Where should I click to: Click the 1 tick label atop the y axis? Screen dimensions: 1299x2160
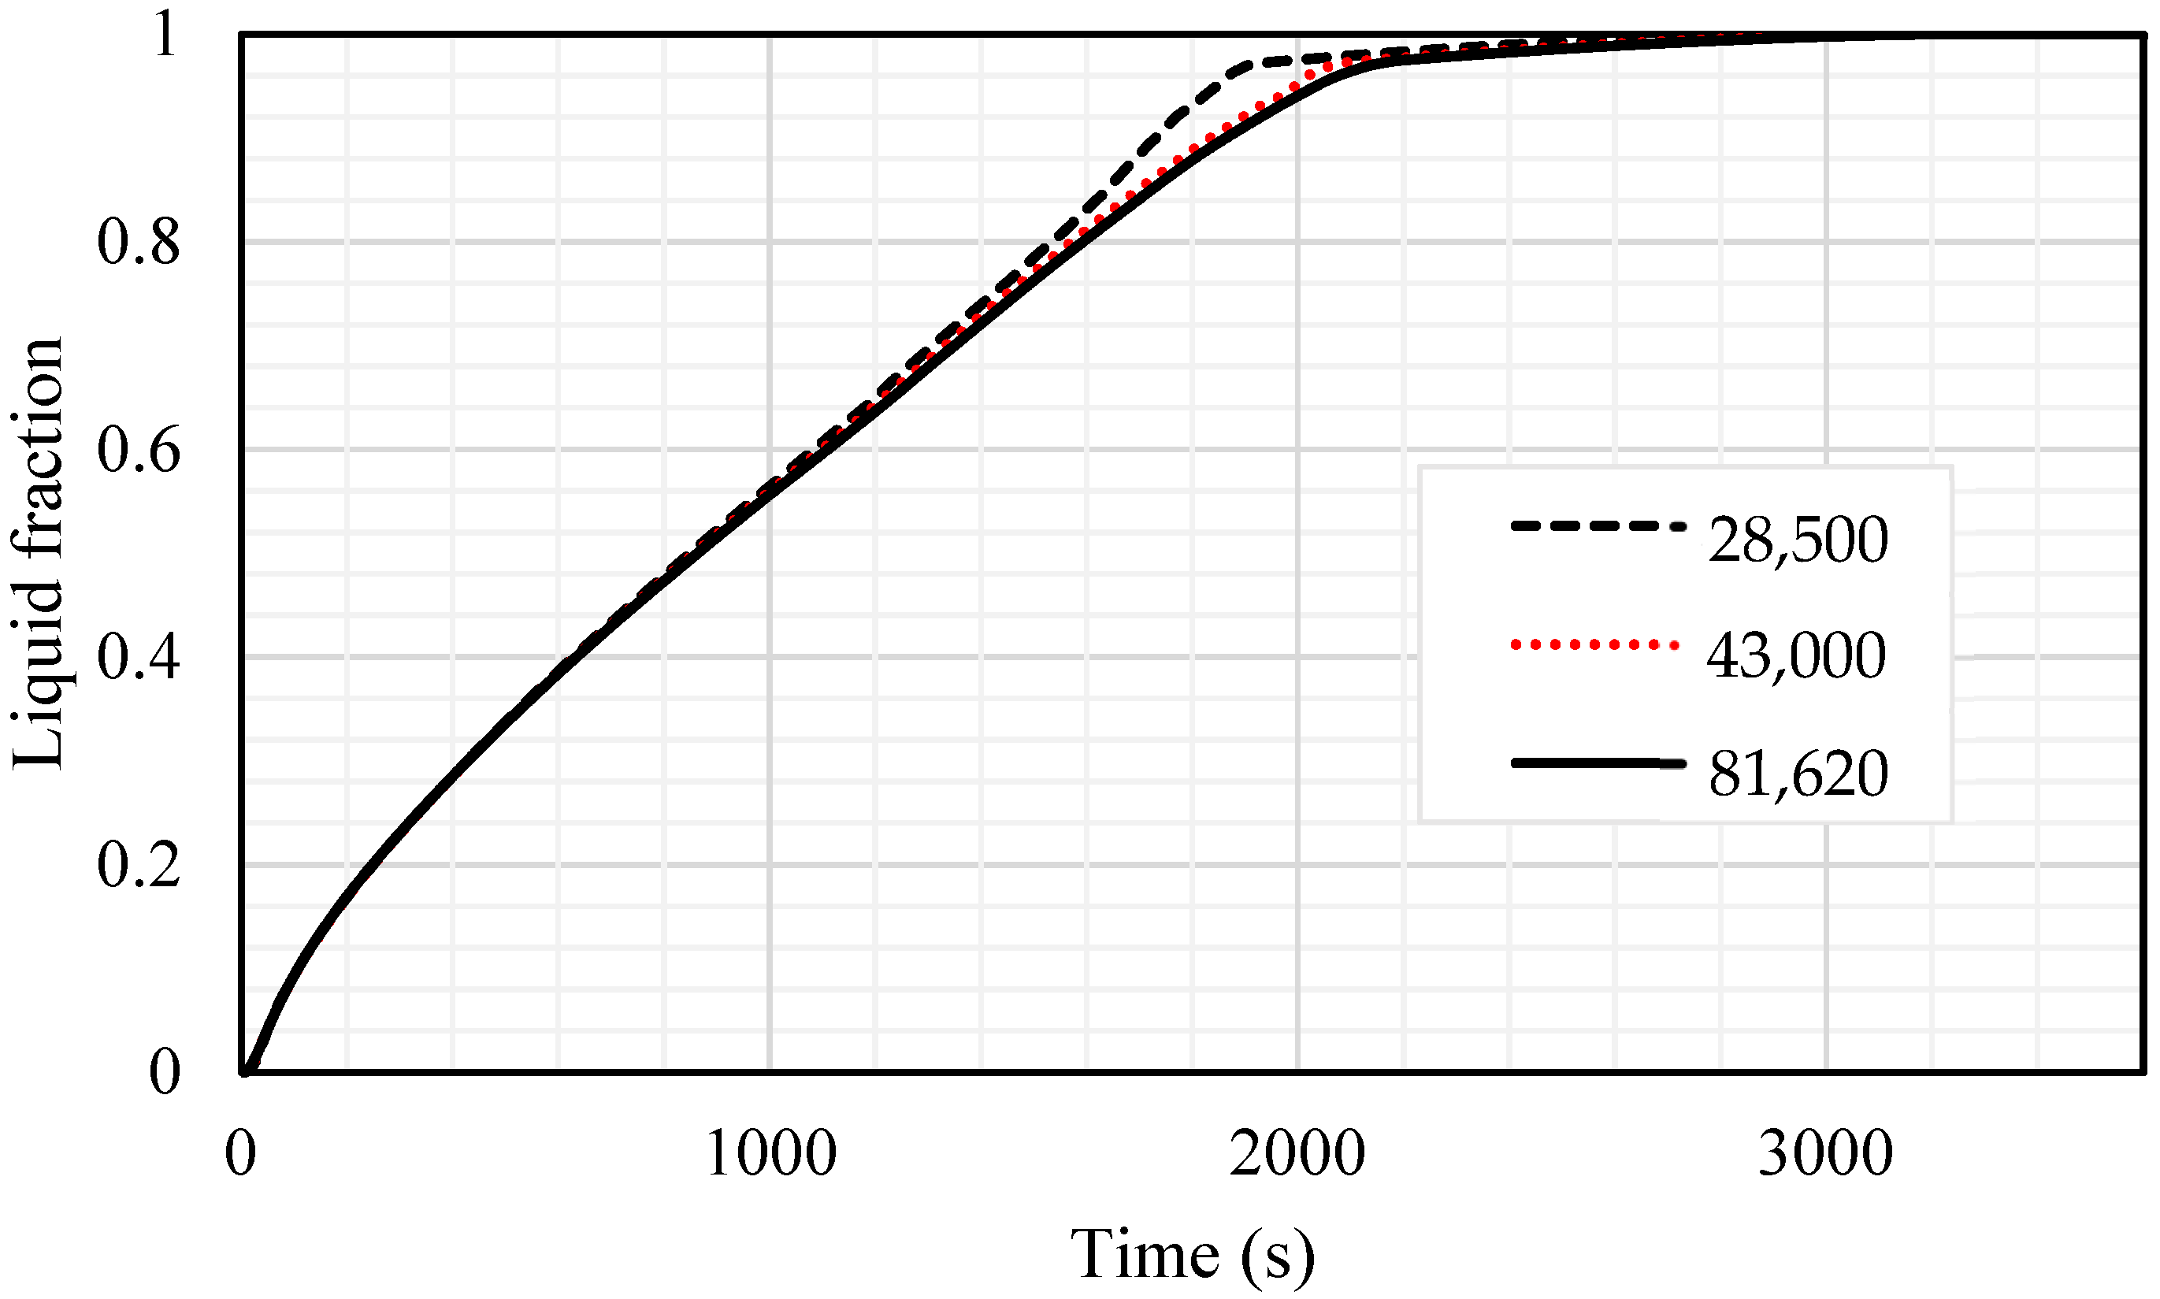tap(164, 37)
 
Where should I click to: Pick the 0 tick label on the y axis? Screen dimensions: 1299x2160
tap(164, 1072)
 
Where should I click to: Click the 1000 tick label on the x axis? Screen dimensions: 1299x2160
tap(770, 1154)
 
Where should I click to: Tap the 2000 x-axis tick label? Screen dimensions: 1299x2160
tap(1297, 1154)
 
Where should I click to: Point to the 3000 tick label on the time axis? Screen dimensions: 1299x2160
tap(1826, 1154)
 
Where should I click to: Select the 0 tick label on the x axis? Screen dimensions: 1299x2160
tap(241, 1154)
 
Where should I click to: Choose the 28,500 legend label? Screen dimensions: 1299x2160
tap(1798, 540)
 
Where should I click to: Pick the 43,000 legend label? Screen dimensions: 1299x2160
tap(1796, 655)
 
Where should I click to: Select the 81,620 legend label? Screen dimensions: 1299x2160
tap(1798, 774)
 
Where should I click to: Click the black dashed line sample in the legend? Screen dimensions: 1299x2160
tap(1598, 527)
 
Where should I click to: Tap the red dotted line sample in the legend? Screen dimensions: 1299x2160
tap(1594, 645)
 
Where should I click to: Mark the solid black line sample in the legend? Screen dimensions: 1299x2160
tap(1598, 764)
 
